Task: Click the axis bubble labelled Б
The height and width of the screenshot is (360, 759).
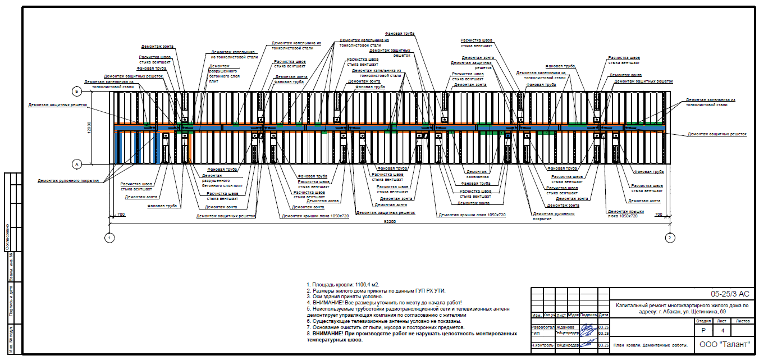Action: (x=77, y=91)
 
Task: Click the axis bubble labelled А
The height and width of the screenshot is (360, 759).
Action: (x=77, y=164)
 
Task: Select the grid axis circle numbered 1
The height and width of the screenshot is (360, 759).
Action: (x=109, y=238)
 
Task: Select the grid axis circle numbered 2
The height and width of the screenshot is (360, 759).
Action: (x=669, y=238)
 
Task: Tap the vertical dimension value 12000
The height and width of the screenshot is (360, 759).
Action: (x=89, y=127)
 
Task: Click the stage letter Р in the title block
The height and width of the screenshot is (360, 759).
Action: (x=703, y=331)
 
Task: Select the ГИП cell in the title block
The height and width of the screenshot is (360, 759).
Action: (x=536, y=333)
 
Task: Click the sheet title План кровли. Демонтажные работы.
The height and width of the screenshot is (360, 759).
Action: (x=651, y=345)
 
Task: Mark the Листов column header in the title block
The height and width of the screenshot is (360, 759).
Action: (x=742, y=321)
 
